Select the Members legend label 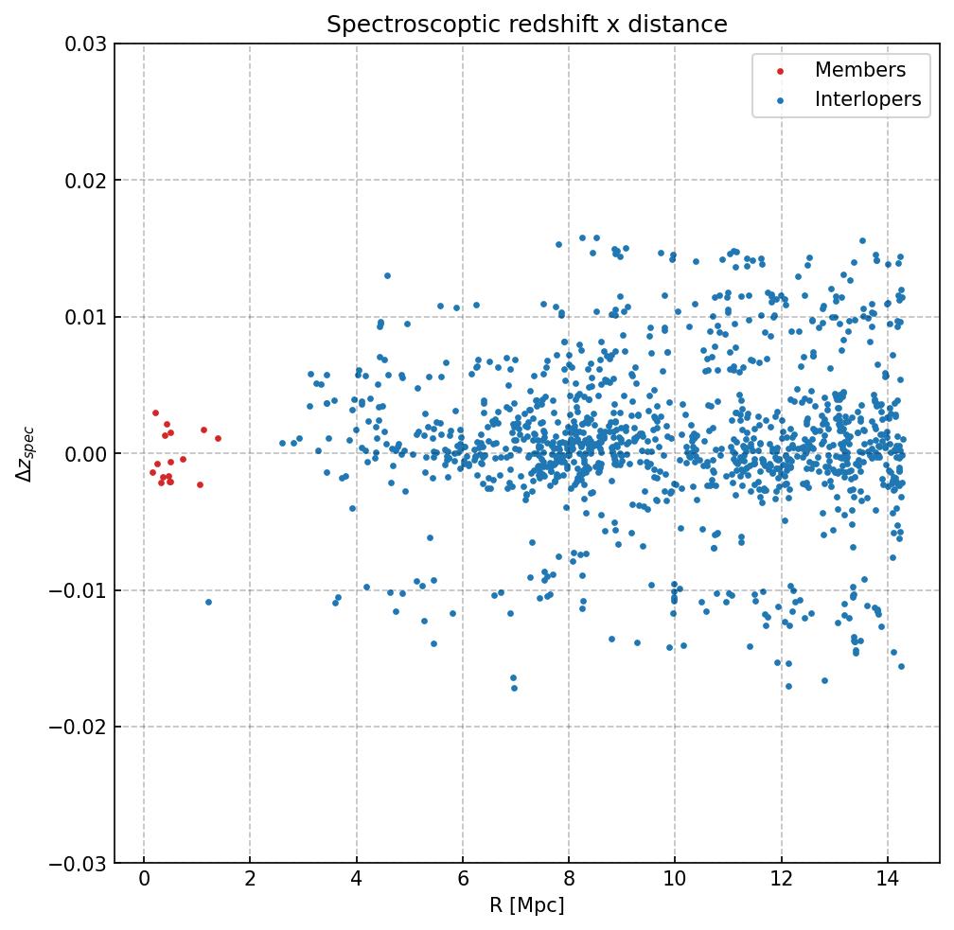[x=859, y=70]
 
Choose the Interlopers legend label [x=867, y=99]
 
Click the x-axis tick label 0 [x=143, y=881]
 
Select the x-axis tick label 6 [x=462, y=881]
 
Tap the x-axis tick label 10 [x=674, y=881]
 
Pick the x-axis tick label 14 [x=887, y=881]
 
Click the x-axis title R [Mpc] [x=526, y=906]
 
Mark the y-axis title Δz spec [x=26, y=454]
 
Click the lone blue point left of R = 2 [x=208, y=602]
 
